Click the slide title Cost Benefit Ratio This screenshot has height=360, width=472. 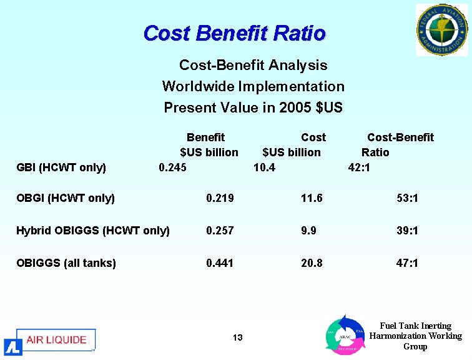[234, 32]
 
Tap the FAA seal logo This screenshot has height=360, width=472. [441, 29]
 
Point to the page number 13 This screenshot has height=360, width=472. [237, 338]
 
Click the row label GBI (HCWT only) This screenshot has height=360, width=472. [61, 167]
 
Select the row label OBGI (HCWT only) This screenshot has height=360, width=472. [66, 198]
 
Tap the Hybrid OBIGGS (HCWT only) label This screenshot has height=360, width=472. [93, 231]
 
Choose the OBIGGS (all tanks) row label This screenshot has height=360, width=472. [66, 263]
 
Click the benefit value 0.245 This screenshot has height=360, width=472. [172, 167]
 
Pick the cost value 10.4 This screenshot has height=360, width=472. [264, 167]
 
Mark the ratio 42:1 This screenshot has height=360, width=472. [359, 167]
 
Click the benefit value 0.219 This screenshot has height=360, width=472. [220, 198]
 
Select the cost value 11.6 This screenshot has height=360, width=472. [312, 198]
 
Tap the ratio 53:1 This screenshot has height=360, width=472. [407, 198]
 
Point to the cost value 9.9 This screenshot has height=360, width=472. [308, 231]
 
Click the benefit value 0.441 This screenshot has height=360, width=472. [220, 263]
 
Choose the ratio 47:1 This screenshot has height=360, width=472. [407, 263]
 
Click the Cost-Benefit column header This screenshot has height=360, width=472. [400, 137]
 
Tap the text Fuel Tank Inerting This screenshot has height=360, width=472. [415, 326]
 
